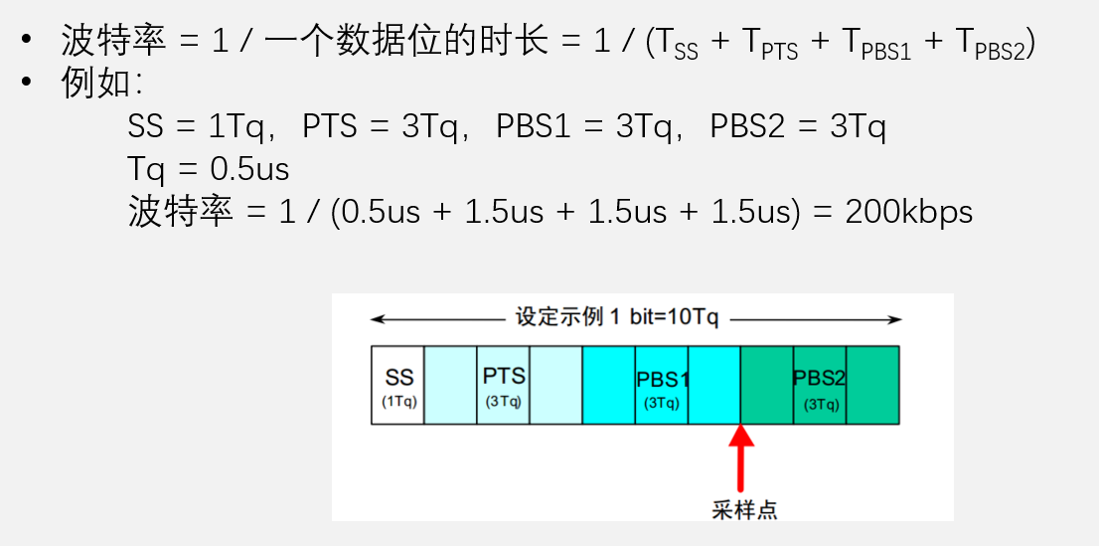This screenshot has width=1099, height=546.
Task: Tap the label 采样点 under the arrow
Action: [744, 509]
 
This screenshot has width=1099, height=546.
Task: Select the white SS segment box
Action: [397, 385]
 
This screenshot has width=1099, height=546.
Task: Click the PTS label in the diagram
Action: [504, 376]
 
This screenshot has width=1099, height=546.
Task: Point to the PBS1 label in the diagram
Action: [663, 380]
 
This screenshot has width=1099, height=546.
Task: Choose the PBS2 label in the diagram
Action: [820, 378]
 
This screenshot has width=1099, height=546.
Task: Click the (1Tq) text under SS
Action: [399, 403]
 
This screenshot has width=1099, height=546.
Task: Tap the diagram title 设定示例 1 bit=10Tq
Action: [617, 317]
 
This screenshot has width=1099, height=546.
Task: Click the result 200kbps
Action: [908, 211]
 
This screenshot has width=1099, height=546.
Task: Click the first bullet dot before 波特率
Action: [27, 39]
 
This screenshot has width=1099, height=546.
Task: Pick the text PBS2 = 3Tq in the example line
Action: [798, 127]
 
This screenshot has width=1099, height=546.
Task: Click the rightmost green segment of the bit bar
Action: [872, 385]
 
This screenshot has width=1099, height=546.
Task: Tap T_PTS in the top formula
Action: [769, 45]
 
